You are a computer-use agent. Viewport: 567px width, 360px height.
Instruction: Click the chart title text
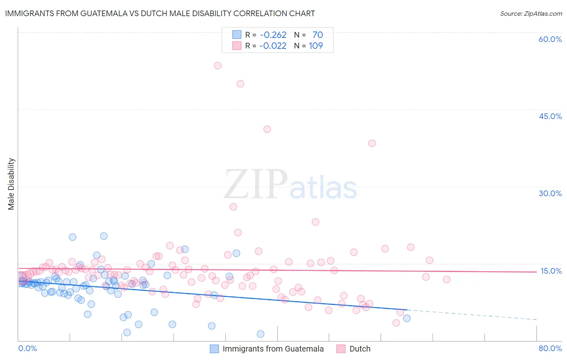click(160, 13)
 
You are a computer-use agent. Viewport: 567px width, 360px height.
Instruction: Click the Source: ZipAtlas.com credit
click(531, 14)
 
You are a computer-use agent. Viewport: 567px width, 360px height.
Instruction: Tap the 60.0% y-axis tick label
click(550, 39)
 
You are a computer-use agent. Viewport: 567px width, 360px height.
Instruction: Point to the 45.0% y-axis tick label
click(550, 116)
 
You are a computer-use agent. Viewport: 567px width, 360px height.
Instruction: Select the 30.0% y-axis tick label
click(550, 193)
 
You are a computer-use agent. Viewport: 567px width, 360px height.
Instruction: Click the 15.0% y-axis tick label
click(551, 271)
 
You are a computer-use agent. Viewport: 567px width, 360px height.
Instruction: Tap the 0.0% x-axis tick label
click(27, 348)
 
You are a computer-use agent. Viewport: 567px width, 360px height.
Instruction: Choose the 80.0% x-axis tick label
click(550, 348)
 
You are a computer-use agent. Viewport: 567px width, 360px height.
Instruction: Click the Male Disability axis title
click(11, 184)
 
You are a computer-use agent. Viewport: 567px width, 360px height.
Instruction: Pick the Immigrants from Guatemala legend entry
click(273, 349)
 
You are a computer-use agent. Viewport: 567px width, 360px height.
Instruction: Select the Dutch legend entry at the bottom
click(360, 349)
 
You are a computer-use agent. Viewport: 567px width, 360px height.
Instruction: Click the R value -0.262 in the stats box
click(273, 35)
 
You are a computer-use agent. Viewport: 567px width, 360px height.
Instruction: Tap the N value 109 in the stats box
click(316, 46)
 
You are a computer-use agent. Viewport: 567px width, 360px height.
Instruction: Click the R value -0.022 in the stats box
click(273, 46)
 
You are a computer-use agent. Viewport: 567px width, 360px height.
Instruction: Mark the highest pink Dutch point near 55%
click(218, 65)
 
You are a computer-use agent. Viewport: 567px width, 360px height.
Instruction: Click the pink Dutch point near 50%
click(240, 84)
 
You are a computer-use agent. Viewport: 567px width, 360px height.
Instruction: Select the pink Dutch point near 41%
click(267, 129)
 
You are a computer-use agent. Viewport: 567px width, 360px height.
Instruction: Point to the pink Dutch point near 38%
click(372, 143)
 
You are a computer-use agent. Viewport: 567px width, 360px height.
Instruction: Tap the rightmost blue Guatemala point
click(406, 318)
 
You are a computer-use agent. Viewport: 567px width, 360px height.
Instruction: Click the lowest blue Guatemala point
click(261, 334)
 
